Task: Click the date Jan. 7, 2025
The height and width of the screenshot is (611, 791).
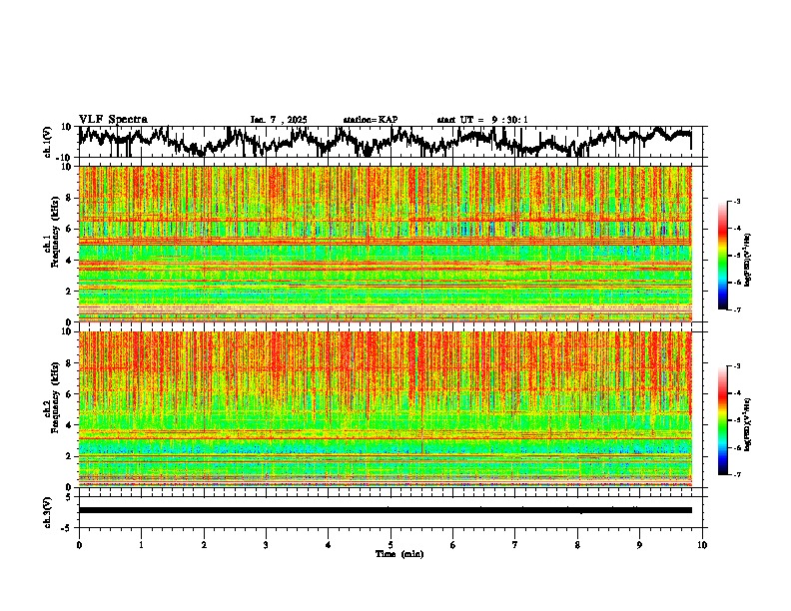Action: [x=280, y=120]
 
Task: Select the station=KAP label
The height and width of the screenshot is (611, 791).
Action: [x=370, y=120]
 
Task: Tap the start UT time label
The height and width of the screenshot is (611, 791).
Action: [x=482, y=120]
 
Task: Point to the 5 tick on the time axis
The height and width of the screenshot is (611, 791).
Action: [x=391, y=544]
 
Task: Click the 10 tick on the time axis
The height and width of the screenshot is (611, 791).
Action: [x=702, y=544]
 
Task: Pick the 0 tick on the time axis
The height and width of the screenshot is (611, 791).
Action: [x=79, y=544]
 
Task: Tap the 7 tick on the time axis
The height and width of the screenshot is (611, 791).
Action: [x=515, y=544]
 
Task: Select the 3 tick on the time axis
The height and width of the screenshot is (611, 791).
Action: [x=266, y=544]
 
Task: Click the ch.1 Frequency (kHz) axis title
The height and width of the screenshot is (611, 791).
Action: [x=53, y=244]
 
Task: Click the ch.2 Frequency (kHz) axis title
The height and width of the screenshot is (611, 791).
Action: [x=53, y=408]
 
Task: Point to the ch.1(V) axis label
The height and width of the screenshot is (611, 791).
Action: [x=47, y=142]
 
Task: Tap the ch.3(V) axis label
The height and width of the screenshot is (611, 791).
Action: [x=47, y=510]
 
